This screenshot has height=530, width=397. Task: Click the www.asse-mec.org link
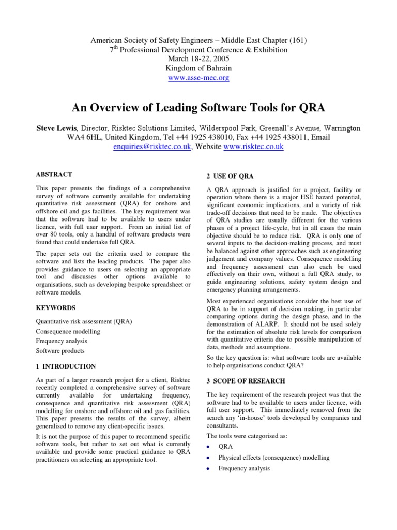coord(198,78)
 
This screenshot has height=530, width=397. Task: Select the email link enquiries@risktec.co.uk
coord(153,147)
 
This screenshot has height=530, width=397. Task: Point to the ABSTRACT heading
coord(54,174)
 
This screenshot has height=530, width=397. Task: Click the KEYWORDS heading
coord(56,307)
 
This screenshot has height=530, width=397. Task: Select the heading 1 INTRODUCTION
coord(66,366)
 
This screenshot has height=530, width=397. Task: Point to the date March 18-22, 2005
coord(198,59)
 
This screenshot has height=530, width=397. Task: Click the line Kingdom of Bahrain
coord(198,68)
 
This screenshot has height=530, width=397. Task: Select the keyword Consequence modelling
coord(68,331)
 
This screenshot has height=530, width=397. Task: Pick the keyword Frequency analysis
coord(62,341)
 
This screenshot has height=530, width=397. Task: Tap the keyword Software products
coord(60,351)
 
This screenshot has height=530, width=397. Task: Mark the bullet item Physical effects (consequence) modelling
coord(273,458)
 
